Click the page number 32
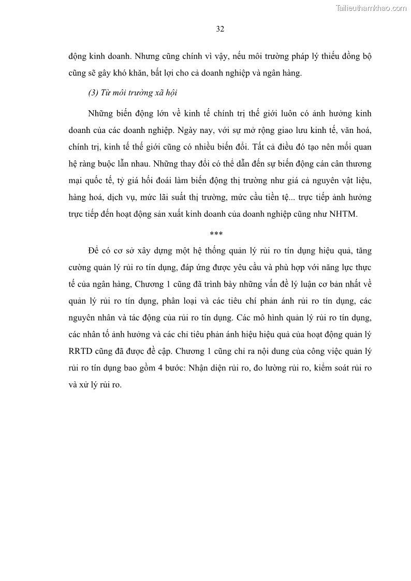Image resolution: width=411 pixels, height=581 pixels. point(219,29)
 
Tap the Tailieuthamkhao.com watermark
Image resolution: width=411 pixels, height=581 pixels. point(371,8)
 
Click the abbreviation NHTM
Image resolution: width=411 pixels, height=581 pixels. point(343,214)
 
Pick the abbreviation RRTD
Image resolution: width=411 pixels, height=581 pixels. point(80,351)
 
